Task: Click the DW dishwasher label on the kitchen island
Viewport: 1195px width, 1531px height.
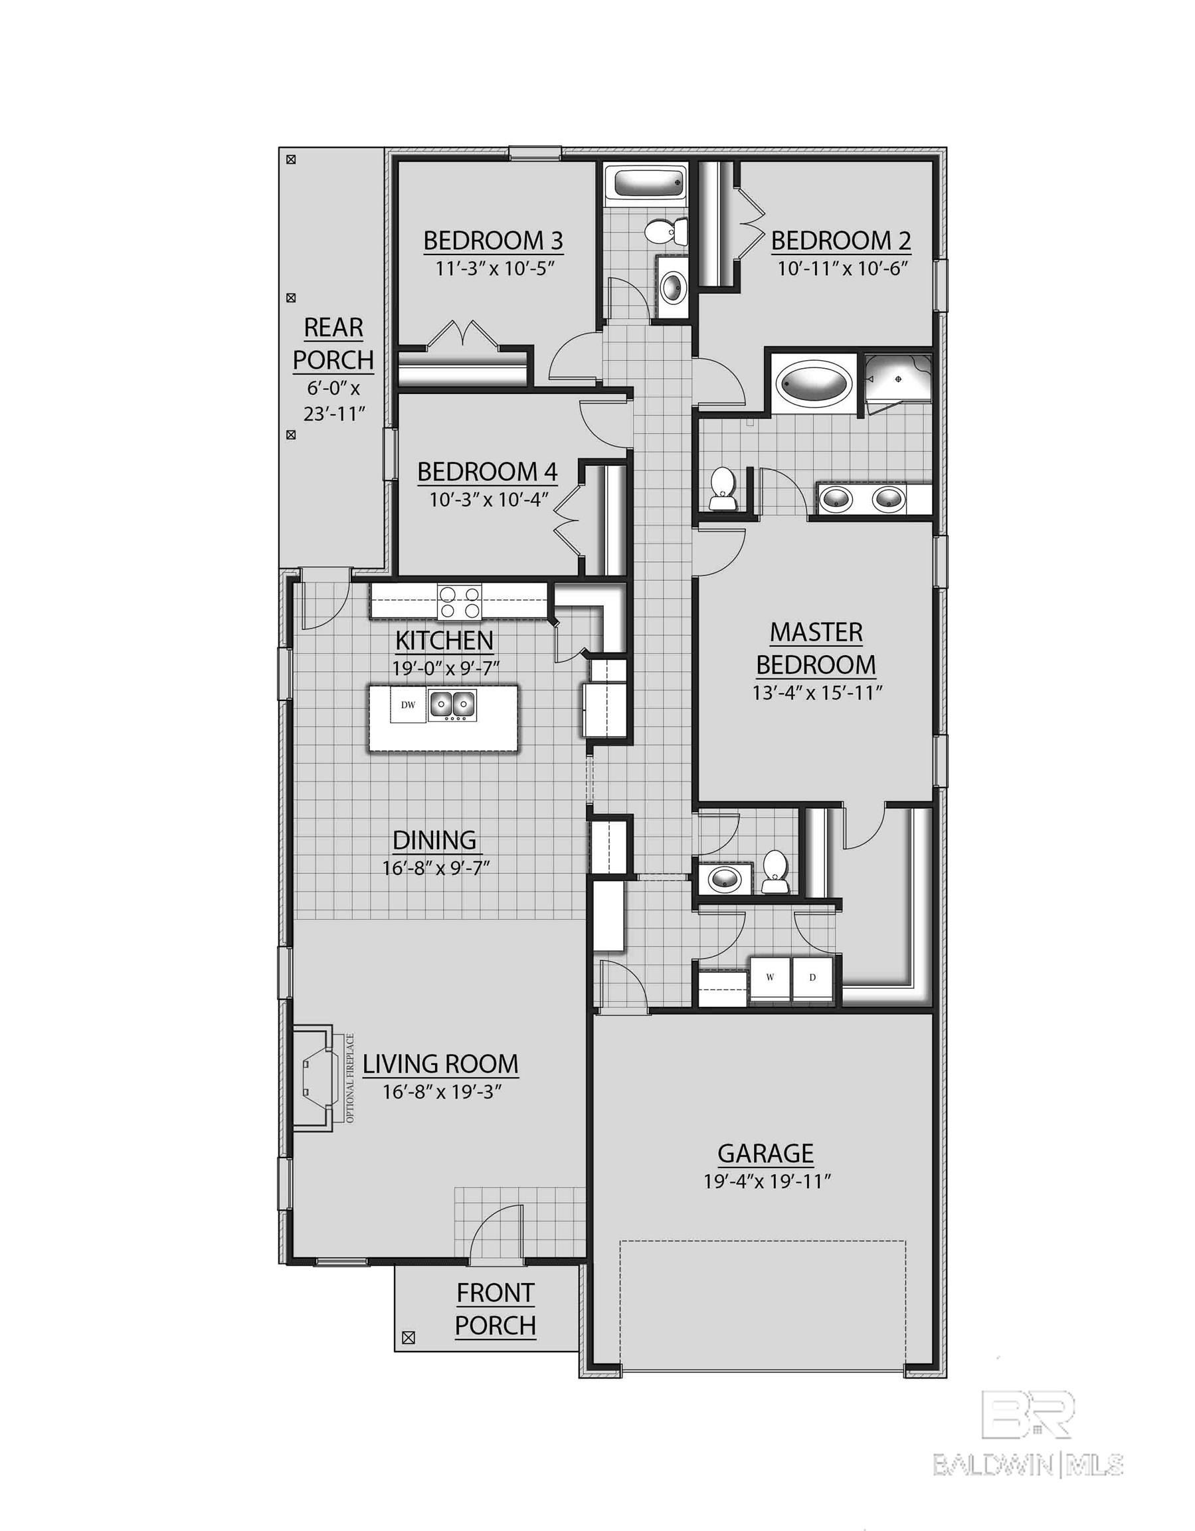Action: click(x=408, y=704)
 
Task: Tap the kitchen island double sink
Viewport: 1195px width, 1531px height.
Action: click(x=452, y=703)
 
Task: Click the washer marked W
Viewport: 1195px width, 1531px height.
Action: click(x=771, y=977)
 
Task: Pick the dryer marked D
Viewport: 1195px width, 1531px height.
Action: click(x=812, y=977)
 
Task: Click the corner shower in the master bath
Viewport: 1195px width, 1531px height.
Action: click(x=897, y=381)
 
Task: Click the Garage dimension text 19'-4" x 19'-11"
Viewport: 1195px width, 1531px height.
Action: click(x=767, y=1181)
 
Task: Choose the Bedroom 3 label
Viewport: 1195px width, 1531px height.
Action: click(x=493, y=241)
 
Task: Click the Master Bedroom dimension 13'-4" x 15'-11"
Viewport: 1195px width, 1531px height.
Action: click(x=816, y=692)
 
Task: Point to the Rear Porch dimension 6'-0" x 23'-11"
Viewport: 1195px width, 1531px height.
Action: click(x=333, y=400)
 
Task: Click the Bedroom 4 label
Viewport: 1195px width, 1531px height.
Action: click(x=487, y=472)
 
